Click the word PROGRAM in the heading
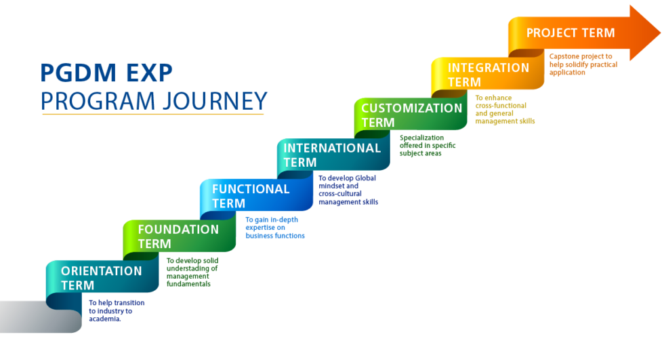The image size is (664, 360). click(96, 100)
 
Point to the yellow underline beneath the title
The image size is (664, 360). click(152, 114)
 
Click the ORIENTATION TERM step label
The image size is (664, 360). click(101, 278)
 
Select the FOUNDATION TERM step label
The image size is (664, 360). click(178, 237)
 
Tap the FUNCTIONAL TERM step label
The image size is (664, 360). click(250, 196)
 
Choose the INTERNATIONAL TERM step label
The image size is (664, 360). click(331, 155)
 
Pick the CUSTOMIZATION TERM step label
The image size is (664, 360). click(411, 115)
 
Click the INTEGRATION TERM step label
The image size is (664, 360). click(488, 75)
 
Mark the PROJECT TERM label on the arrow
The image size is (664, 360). click(570, 33)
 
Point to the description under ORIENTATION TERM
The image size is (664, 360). click(116, 311)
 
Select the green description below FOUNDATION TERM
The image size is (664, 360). click(192, 272)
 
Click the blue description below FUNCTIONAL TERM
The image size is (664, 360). click(274, 228)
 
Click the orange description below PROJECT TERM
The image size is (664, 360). click(581, 64)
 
